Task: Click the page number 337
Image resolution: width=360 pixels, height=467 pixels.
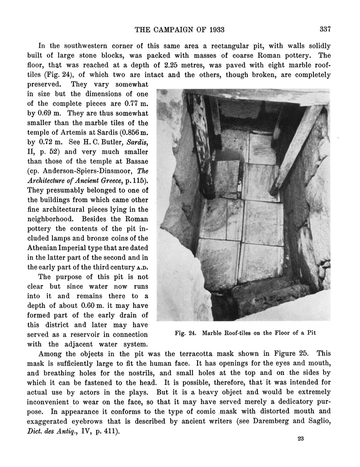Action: [325, 30]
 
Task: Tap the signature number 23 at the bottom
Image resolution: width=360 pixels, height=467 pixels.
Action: [300, 439]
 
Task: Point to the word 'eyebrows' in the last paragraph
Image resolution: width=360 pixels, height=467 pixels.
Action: [88, 420]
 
